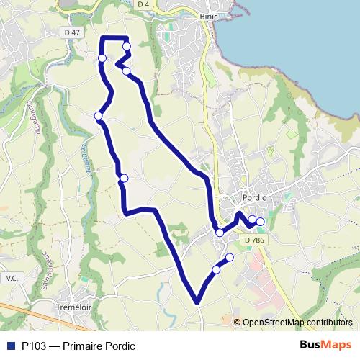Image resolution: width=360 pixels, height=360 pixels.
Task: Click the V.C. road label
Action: [11, 277]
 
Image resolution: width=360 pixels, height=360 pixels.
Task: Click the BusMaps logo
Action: [326, 346]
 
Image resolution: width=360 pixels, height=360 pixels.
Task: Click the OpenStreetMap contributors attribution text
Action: [297, 322]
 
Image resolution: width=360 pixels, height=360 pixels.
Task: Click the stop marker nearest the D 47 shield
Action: [102, 58]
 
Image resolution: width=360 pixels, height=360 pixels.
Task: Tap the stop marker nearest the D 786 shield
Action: [253, 220]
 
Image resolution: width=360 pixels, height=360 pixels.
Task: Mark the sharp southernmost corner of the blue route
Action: [197, 302]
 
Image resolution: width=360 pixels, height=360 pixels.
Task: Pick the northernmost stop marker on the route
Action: [127, 47]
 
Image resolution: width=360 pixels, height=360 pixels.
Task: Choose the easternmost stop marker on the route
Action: [261, 222]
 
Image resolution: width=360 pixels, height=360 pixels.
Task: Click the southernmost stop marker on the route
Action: [216, 270]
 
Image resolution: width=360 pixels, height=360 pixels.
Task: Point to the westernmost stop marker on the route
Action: [98, 115]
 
